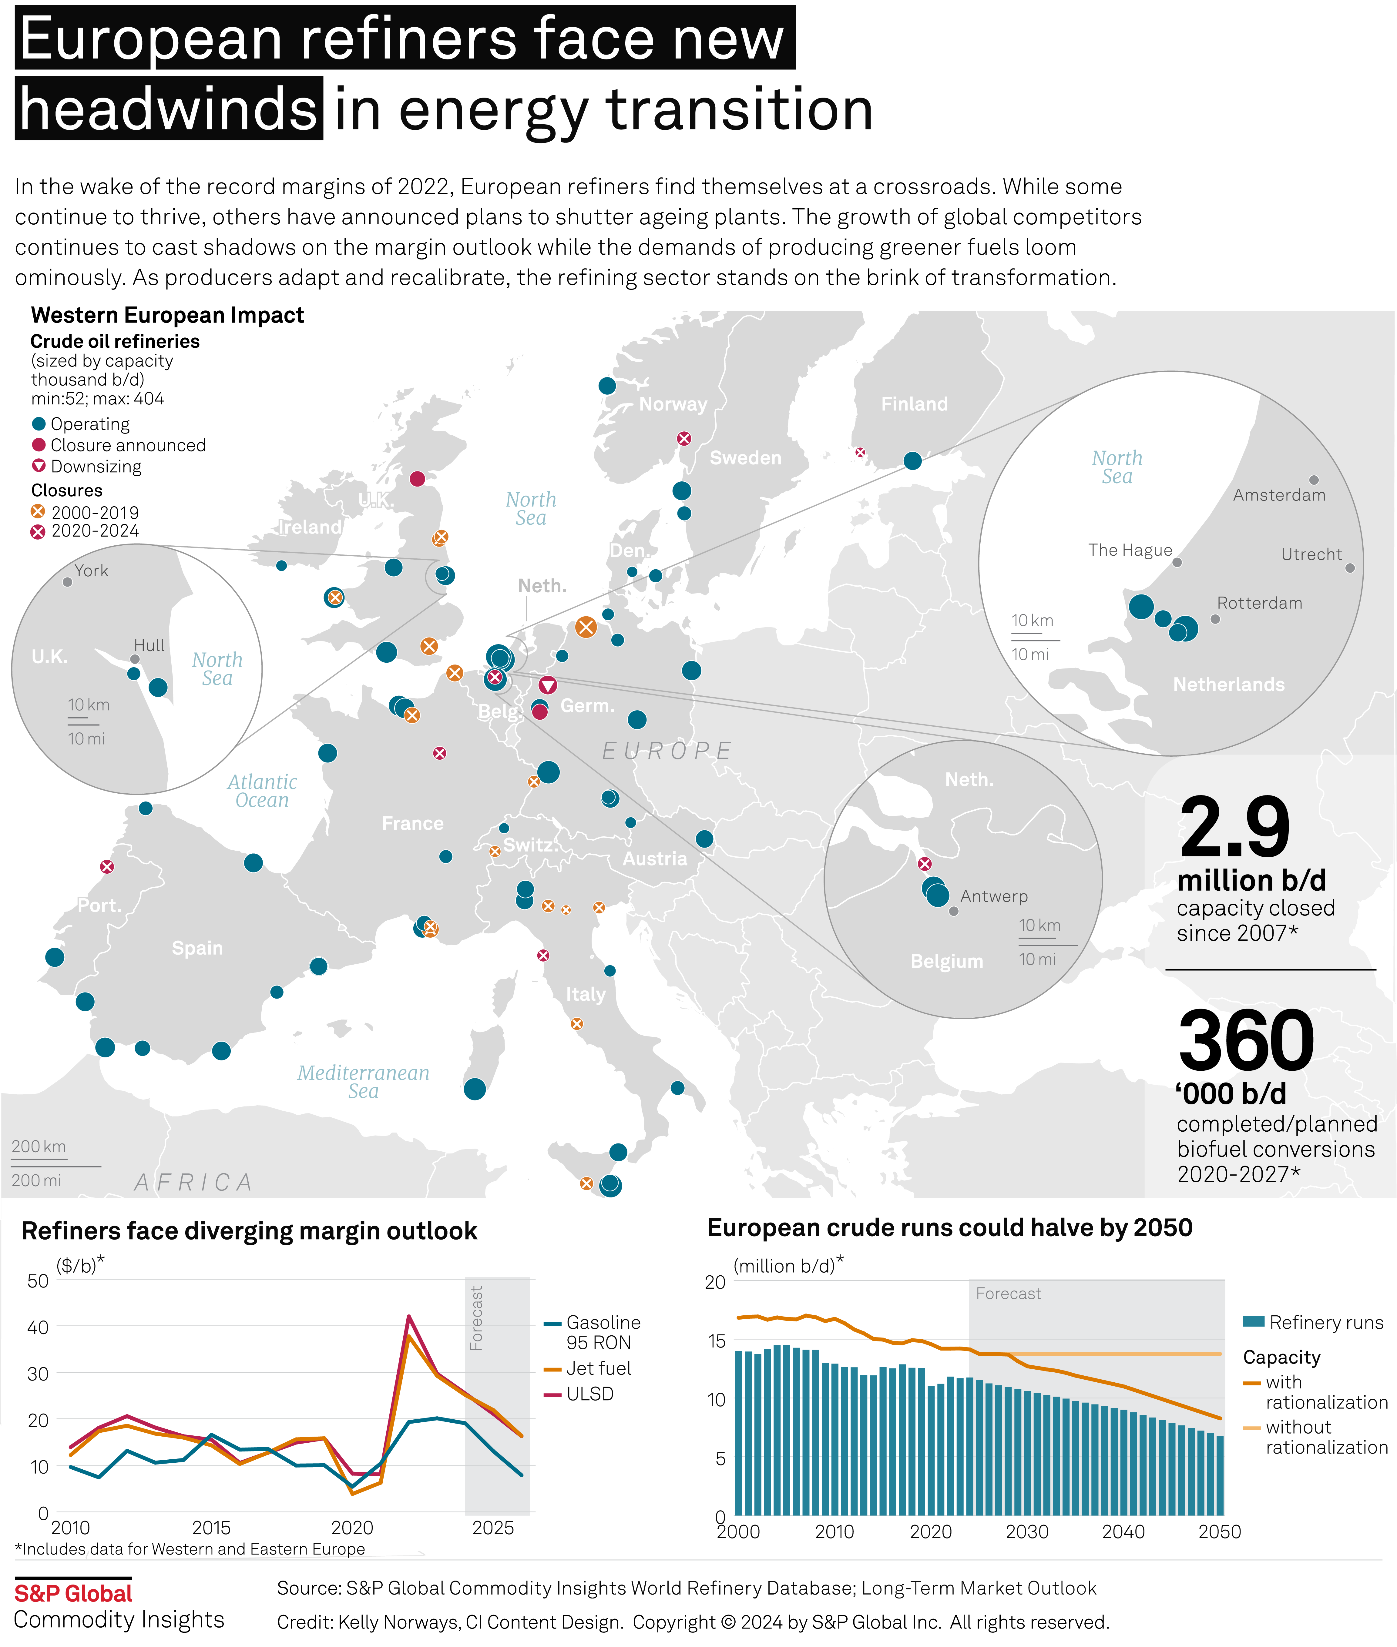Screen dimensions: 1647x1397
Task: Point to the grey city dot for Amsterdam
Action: (x=1314, y=480)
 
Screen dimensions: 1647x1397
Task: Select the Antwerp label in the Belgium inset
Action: (x=994, y=896)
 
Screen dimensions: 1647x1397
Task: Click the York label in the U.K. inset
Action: (x=91, y=570)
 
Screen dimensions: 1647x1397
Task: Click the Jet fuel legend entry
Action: (x=598, y=1368)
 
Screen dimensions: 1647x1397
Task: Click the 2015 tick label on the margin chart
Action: (x=211, y=1528)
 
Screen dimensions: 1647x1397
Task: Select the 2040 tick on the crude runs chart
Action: (x=1123, y=1532)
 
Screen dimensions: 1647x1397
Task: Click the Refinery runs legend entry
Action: (x=1326, y=1322)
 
